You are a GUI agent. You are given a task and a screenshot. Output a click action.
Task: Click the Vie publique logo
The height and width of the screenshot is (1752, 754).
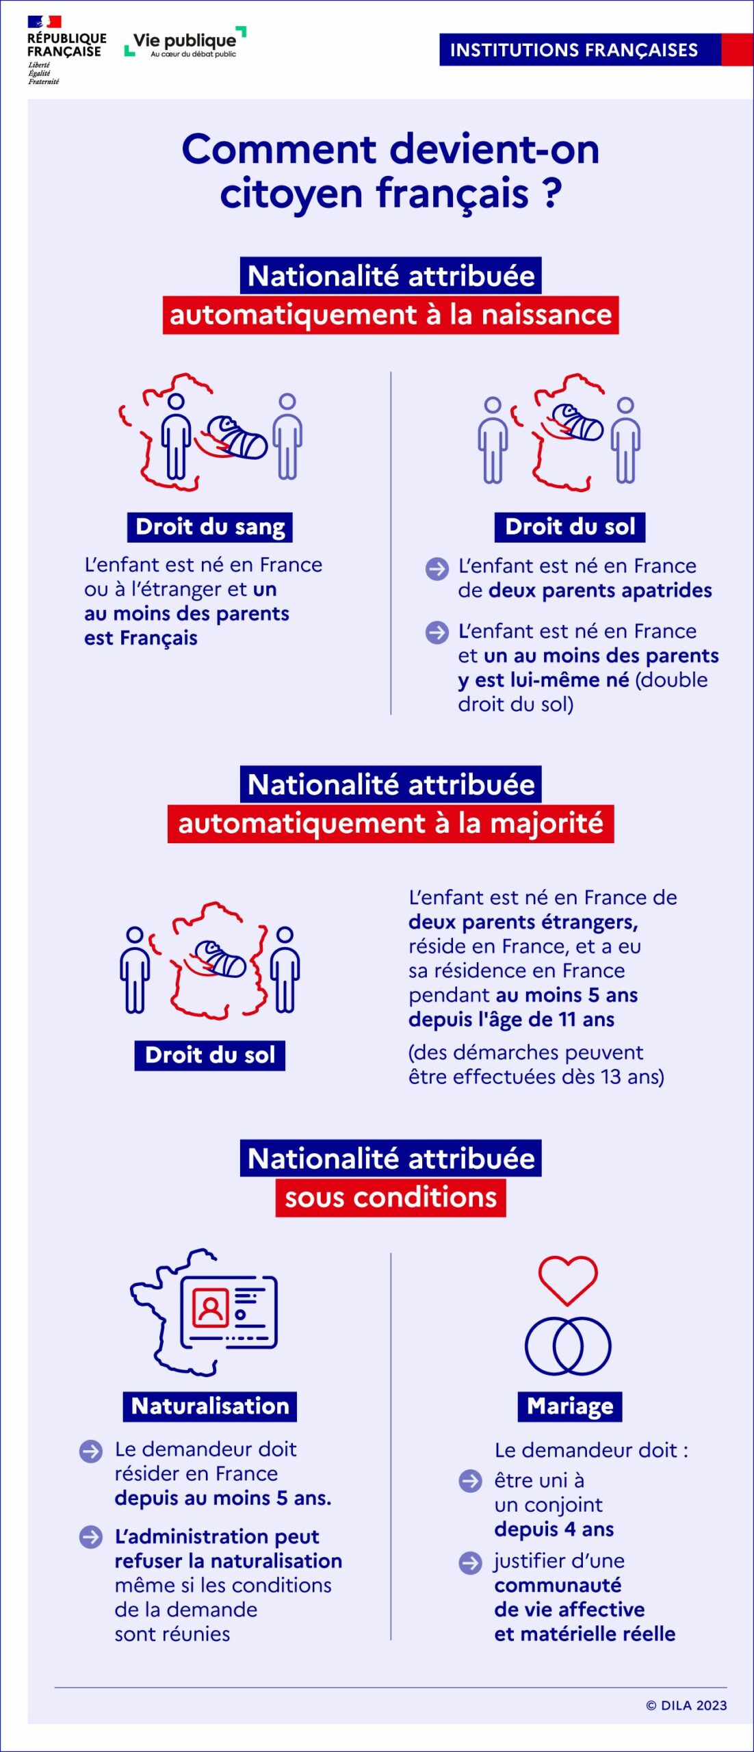(185, 43)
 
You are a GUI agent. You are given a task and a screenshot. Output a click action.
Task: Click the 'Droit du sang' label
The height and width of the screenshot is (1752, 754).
(210, 527)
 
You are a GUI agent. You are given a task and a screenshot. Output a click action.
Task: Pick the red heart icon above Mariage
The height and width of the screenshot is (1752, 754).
(568, 1279)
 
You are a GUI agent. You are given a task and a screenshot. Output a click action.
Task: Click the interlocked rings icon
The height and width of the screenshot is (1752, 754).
(568, 1345)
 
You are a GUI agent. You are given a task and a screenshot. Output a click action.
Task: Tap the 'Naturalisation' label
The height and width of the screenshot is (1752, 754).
(210, 1406)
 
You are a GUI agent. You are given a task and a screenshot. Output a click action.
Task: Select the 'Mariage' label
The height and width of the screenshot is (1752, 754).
(570, 1406)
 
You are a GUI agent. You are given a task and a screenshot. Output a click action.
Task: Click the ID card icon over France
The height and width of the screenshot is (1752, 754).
(228, 1311)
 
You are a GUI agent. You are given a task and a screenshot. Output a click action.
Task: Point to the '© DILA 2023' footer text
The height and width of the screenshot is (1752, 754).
(686, 1705)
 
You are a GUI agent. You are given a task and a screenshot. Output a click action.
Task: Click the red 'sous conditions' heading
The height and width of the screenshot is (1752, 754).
(391, 1197)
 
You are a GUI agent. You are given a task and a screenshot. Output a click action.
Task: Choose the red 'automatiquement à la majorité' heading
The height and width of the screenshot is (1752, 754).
(391, 823)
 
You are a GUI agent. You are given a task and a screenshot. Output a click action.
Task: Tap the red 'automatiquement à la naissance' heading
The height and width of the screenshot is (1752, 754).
(391, 315)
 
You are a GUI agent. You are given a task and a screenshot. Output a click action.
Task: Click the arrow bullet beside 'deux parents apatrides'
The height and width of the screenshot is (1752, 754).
(437, 569)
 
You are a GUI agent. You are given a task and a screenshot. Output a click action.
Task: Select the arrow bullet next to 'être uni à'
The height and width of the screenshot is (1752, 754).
(470, 1481)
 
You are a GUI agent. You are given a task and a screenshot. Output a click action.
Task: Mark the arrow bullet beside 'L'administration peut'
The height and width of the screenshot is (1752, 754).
(91, 1536)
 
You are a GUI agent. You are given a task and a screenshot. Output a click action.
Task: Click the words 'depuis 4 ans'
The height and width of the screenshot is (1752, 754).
(554, 1529)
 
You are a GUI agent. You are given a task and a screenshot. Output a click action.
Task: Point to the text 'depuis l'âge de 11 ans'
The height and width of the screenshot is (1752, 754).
(511, 1019)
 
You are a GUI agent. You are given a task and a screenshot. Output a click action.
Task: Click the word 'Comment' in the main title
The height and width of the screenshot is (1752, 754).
(279, 149)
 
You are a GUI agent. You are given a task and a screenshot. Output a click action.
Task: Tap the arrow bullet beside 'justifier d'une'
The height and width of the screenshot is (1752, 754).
(470, 1562)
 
